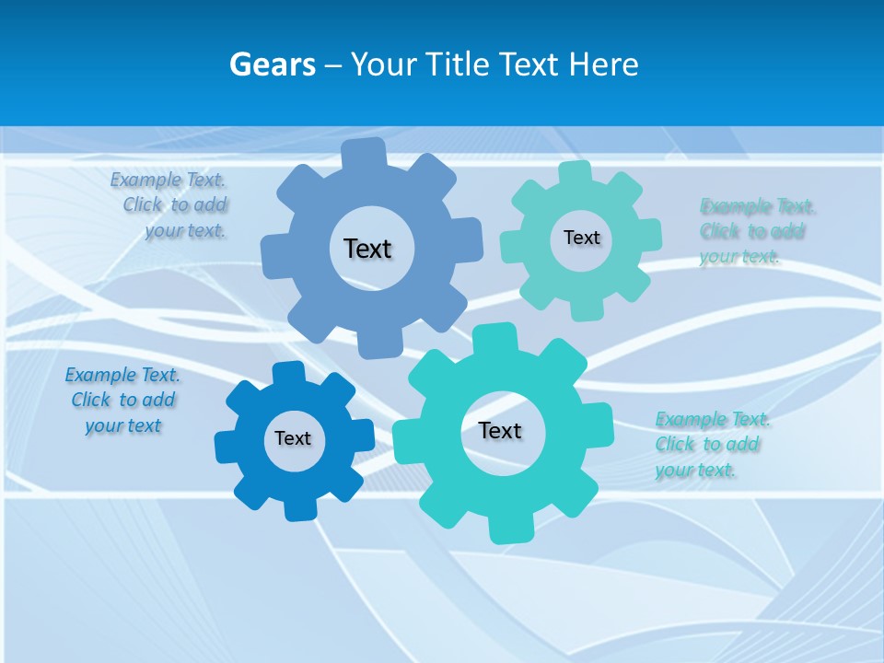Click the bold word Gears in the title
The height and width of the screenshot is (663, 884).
tap(273, 64)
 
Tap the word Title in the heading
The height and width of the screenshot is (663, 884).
tap(460, 64)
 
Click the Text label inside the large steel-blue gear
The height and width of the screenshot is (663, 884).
tap(367, 249)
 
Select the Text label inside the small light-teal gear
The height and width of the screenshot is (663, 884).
tap(581, 238)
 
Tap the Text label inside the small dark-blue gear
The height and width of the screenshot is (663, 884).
tap(293, 438)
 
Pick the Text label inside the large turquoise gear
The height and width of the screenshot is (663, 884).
tap(500, 430)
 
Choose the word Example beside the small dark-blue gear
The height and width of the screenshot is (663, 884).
tap(100, 375)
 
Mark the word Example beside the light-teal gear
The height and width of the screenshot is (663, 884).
tap(736, 205)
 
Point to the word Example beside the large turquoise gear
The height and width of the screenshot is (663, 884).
tap(691, 420)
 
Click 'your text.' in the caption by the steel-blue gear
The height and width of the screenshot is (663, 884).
tap(185, 231)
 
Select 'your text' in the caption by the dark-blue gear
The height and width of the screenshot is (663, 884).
tap(123, 425)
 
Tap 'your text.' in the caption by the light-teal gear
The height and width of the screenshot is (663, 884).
tap(739, 257)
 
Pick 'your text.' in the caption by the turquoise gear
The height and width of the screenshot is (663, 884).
tap(695, 471)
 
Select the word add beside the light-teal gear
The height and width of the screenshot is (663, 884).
tap(787, 231)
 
